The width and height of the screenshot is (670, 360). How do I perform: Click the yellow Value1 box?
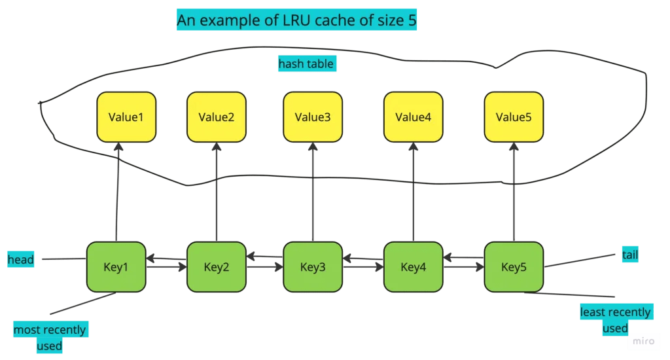[x=126, y=117]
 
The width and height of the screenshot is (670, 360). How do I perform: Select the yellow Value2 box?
[x=217, y=117]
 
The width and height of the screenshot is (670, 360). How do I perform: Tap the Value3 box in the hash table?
[x=313, y=117]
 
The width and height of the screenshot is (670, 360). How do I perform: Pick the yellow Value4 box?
[x=414, y=117]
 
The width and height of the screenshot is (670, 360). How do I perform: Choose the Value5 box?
[x=514, y=117]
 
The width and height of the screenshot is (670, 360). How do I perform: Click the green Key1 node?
[x=116, y=266]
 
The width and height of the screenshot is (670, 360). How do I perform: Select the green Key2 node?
[x=217, y=266]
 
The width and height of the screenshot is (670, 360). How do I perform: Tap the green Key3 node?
[x=313, y=266]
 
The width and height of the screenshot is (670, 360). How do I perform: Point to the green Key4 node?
[x=414, y=266]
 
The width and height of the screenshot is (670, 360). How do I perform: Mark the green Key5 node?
[x=514, y=266]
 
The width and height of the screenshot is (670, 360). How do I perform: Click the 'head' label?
[x=21, y=260]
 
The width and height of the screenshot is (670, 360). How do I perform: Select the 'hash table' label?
[x=306, y=64]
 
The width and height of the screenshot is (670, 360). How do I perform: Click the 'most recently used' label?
[x=50, y=337]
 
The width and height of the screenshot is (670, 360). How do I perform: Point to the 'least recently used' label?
[x=615, y=320]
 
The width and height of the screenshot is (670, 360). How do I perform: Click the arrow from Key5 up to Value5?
[x=514, y=193]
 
